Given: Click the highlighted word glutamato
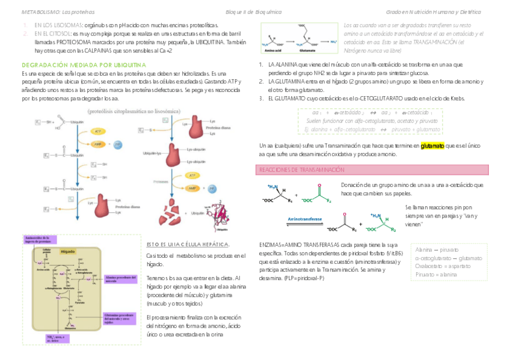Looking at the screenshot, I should pyautogui.click(x=432, y=145).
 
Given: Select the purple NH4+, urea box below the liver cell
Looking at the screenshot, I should pyautogui.click(x=59, y=338).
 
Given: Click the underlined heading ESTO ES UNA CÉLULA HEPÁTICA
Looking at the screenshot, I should pyautogui.click(x=188, y=245).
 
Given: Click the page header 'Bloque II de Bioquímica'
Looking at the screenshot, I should pyautogui.click(x=253, y=11).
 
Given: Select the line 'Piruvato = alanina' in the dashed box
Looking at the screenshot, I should pyautogui.click(x=436, y=275).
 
